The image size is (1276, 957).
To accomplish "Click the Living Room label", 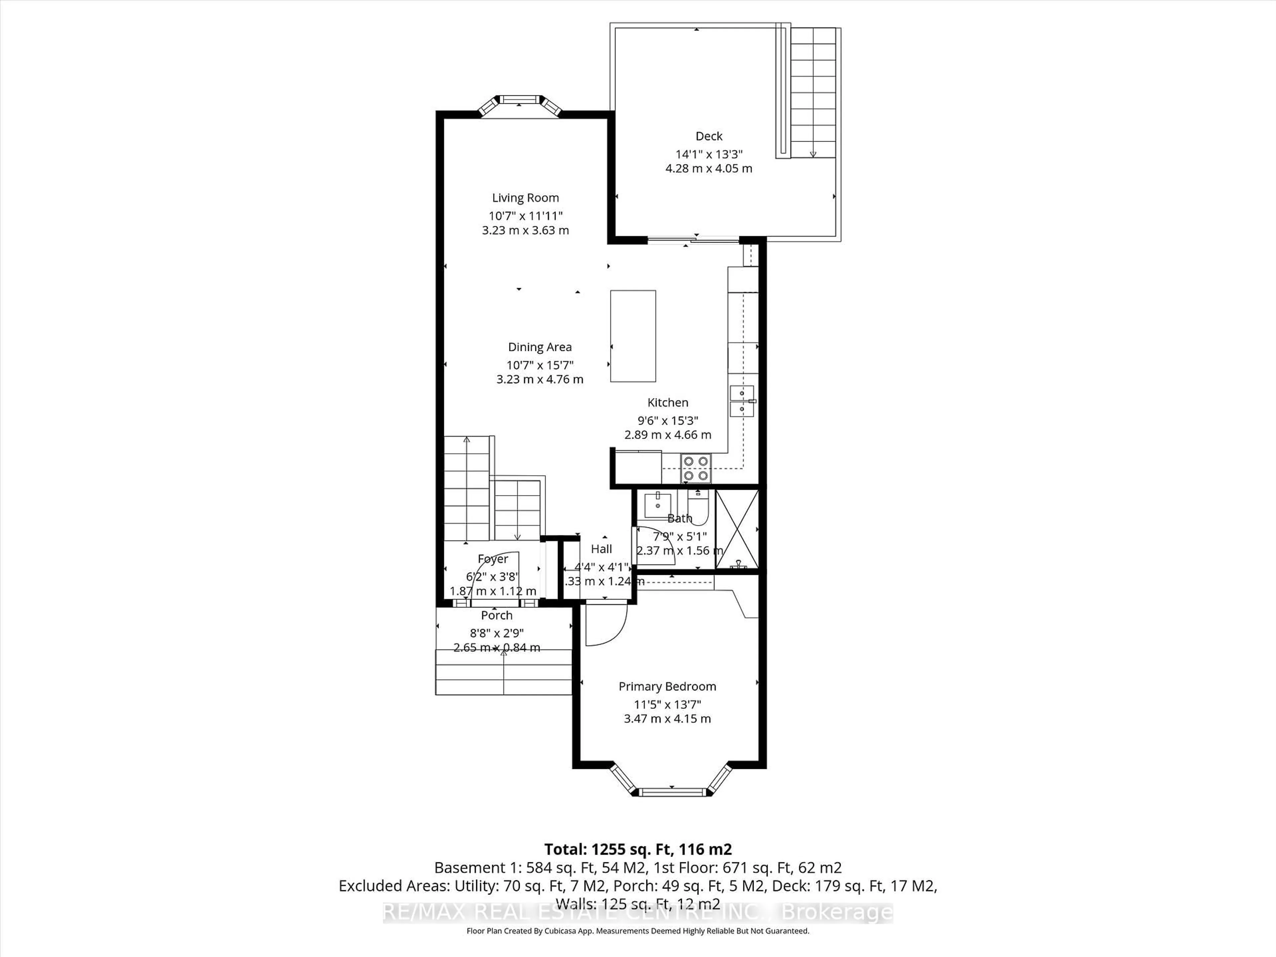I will (525, 198).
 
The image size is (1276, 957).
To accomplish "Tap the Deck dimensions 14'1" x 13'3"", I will (709, 154).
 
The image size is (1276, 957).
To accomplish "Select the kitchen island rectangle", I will (633, 336).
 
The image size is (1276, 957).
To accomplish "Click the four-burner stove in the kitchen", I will (696, 468).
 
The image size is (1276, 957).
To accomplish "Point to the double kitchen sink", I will (742, 401).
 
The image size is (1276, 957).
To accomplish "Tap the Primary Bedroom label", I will (667, 687).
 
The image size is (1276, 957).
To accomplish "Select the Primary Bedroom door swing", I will (606, 626).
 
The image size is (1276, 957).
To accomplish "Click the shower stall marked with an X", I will (737, 529).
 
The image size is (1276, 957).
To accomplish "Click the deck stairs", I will (812, 92).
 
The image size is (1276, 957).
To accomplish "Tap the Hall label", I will (601, 549).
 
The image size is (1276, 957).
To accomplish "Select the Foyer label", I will (493, 559).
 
